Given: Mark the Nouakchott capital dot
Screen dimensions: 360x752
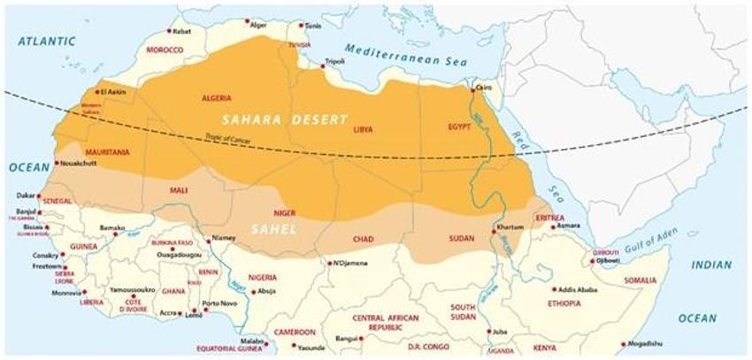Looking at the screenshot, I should coord(57,163).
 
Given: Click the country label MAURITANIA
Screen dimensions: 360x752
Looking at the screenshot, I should coord(106,152).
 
